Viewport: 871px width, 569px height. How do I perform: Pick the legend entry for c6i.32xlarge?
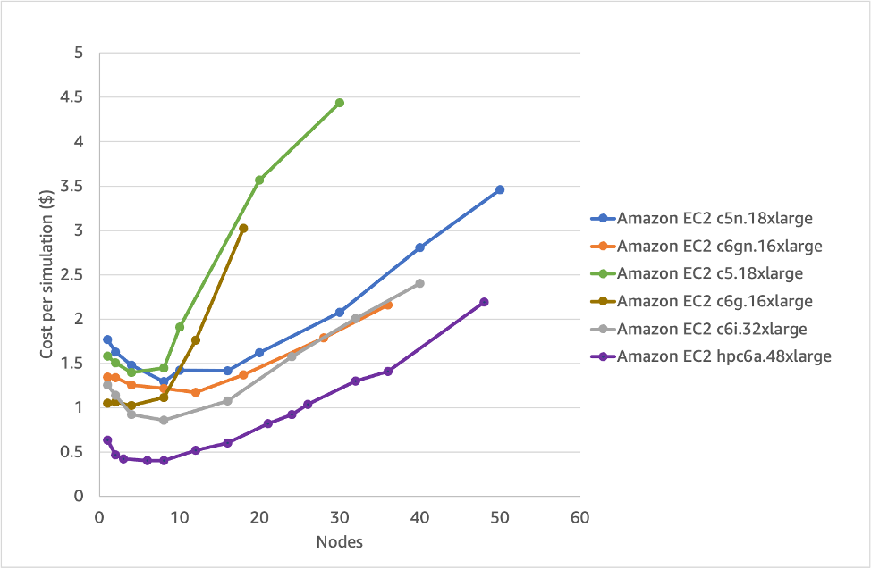pos(712,329)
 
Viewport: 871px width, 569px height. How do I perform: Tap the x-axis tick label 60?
pos(579,516)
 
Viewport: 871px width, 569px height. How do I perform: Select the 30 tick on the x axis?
pos(339,516)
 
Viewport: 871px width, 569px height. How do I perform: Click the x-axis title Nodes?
pos(339,542)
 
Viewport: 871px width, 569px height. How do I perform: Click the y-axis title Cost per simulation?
pos(47,274)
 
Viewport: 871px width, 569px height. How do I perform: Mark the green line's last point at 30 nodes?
pos(340,103)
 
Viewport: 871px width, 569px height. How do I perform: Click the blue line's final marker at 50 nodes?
pos(500,189)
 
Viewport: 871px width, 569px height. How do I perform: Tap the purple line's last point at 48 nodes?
pos(484,302)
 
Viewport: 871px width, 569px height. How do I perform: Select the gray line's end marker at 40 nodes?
pos(419,283)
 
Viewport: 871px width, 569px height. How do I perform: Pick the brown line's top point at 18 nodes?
pos(243,229)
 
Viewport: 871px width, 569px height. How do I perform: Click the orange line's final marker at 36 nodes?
pos(388,305)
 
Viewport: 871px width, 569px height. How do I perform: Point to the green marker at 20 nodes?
pos(259,180)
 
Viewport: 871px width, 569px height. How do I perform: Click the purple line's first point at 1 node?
pos(107,439)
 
